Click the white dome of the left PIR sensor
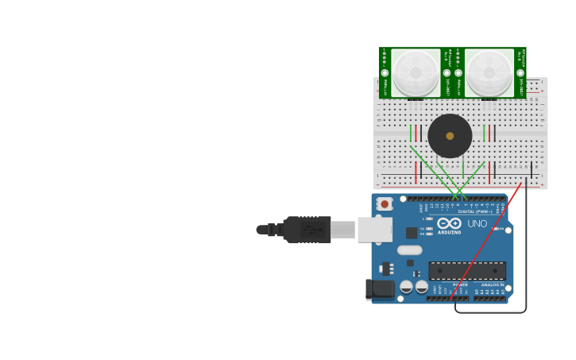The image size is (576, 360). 415,73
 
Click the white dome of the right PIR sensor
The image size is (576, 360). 489,73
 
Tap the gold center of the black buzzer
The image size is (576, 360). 450,136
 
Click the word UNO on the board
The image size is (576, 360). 477,224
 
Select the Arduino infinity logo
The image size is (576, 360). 449,223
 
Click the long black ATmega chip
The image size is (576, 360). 467,270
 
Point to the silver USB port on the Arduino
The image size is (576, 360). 374,230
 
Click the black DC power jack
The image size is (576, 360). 380,289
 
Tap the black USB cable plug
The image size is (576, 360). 307,230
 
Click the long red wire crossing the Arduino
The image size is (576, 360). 485,242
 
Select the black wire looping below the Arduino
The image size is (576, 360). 525,262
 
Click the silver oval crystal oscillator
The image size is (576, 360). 409,250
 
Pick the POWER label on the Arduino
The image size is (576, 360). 460,285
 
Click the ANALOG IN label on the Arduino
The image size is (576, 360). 491,285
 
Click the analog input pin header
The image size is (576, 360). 489,299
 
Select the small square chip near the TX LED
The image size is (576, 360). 412,233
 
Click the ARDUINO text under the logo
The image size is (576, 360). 449,232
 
